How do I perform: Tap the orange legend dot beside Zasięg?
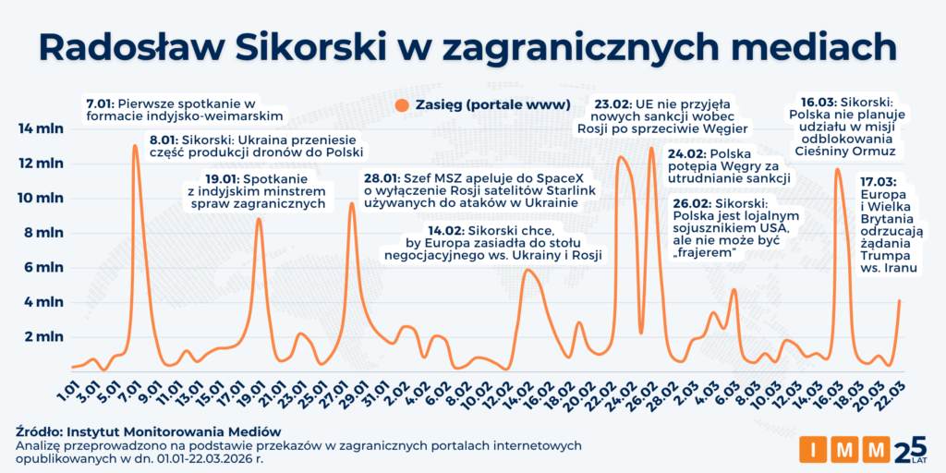coord(400,104)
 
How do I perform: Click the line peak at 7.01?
coord(135,146)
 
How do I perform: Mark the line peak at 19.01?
coord(259,218)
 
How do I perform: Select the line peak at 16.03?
coord(838,169)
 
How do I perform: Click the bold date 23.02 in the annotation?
coord(614,103)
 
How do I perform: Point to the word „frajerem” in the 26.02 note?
coord(699,254)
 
